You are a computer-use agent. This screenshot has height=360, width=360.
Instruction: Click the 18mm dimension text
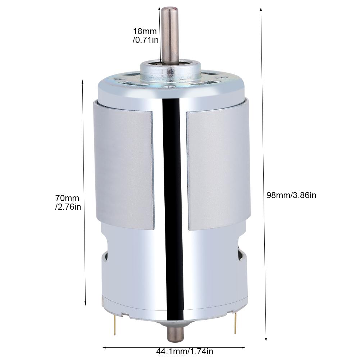pos(145,31)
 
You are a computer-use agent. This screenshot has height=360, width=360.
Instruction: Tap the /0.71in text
pos(145,40)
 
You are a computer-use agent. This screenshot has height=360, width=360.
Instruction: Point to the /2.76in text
pos(68,207)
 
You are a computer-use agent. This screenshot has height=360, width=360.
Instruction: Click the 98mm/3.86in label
pos(291,196)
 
